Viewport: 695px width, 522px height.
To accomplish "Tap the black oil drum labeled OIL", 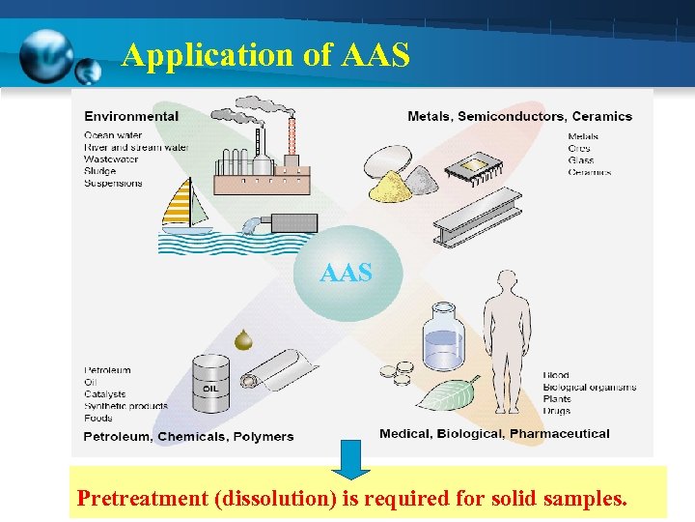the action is (210, 385).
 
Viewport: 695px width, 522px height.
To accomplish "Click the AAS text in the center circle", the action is (346, 274).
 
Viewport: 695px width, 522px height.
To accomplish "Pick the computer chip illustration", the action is (475, 170).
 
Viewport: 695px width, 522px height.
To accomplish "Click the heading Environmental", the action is (131, 117).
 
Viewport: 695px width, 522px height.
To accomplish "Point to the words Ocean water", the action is (113, 135).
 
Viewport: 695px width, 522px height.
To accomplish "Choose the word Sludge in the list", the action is (100, 171).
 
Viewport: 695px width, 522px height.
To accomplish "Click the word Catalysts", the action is (105, 394).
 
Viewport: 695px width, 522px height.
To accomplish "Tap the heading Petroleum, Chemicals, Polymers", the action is (188, 437).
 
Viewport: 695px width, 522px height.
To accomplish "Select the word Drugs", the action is (556, 411).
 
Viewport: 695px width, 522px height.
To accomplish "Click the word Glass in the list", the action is (581, 160).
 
